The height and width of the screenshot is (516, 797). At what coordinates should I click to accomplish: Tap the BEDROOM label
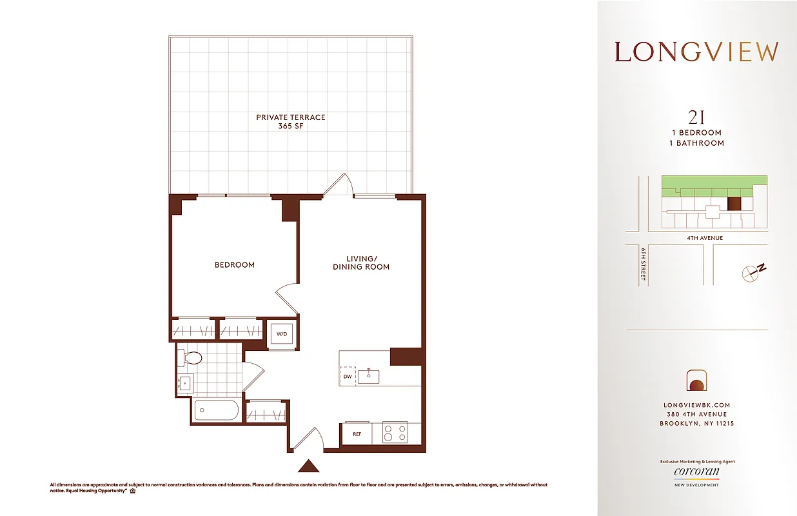(x=234, y=264)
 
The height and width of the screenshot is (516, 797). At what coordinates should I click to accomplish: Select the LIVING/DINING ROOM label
(x=360, y=263)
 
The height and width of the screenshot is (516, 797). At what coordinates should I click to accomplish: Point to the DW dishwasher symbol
(x=348, y=376)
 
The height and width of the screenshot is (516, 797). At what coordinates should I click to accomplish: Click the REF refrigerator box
(x=357, y=433)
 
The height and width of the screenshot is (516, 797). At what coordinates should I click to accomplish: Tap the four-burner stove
(x=395, y=433)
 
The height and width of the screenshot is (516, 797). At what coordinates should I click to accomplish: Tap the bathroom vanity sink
(x=185, y=383)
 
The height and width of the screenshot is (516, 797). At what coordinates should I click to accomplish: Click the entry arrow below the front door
(x=309, y=466)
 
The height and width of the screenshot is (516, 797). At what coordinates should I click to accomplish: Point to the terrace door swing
(x=339, y=184)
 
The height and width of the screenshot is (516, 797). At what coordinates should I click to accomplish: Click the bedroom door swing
(x=287, y=298)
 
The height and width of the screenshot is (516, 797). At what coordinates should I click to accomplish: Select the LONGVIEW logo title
(x=696, y=52)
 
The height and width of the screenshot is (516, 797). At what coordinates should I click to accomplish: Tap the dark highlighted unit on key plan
(x=734, y=204)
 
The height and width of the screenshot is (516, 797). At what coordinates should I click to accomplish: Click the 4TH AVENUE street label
(x=705, y=238)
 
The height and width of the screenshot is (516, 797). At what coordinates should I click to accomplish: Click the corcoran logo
(x=696, y=472)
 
